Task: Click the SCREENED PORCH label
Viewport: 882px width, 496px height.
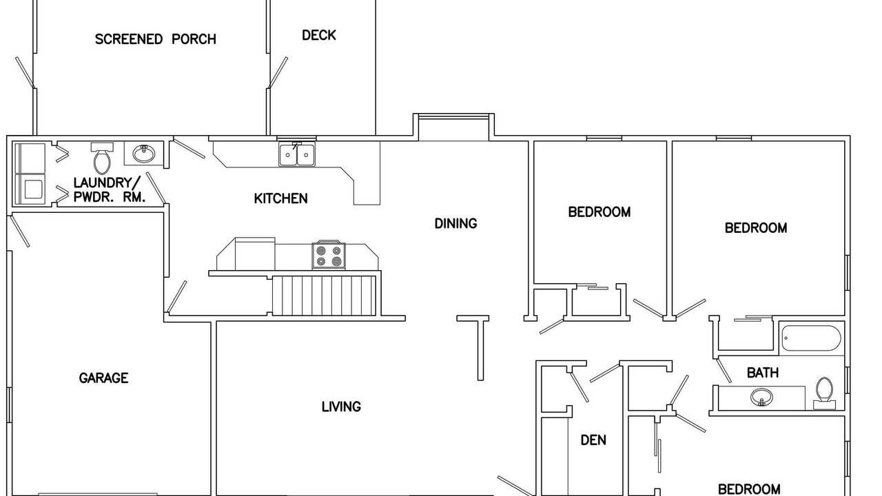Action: point(156,39)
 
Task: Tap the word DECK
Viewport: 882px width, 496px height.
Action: point(319,35)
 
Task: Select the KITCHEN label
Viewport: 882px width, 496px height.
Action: point(280,198)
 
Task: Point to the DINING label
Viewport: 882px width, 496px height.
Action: point(455,224)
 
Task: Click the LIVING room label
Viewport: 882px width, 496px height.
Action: point(341,406)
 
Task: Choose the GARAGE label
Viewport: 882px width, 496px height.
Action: point(103,378)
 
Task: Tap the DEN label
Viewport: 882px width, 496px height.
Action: point(593,440)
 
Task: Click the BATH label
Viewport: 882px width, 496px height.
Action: point(763,373)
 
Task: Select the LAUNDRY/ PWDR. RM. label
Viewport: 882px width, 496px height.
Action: point(110,189)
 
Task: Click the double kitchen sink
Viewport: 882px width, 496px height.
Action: point(297,154)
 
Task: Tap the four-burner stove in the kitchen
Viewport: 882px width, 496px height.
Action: point(329,255)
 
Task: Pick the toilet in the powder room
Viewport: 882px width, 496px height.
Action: point(102,158)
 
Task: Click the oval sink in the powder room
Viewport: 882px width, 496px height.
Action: point(143,154)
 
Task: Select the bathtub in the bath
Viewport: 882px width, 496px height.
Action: point(812,338)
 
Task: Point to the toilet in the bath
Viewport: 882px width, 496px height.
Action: point(824,393)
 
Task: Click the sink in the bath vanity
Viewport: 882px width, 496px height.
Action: point(761,397)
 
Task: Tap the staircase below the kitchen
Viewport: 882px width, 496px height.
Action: point(324,296)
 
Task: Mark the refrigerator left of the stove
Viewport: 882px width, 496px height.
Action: point(255,254)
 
